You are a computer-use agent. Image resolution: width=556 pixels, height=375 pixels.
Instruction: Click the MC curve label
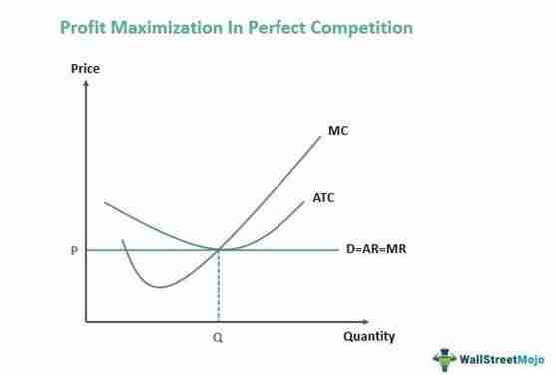[338, 130]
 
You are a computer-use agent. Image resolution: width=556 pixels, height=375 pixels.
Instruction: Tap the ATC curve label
[324, 198]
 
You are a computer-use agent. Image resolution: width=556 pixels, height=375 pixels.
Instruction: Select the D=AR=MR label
[376, 249]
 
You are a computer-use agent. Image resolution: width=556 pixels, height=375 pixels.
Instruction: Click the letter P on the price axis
[74, 250]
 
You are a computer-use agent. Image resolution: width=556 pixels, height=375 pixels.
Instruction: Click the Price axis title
[85, 69]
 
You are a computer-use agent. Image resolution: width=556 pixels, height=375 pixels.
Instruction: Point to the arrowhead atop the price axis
[87, 83]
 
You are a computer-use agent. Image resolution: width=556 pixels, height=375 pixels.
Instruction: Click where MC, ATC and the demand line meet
[219, 249]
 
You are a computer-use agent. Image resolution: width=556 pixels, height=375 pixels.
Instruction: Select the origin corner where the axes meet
[87, 322]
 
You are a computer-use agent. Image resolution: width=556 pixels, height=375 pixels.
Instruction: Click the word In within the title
[264, 28]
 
